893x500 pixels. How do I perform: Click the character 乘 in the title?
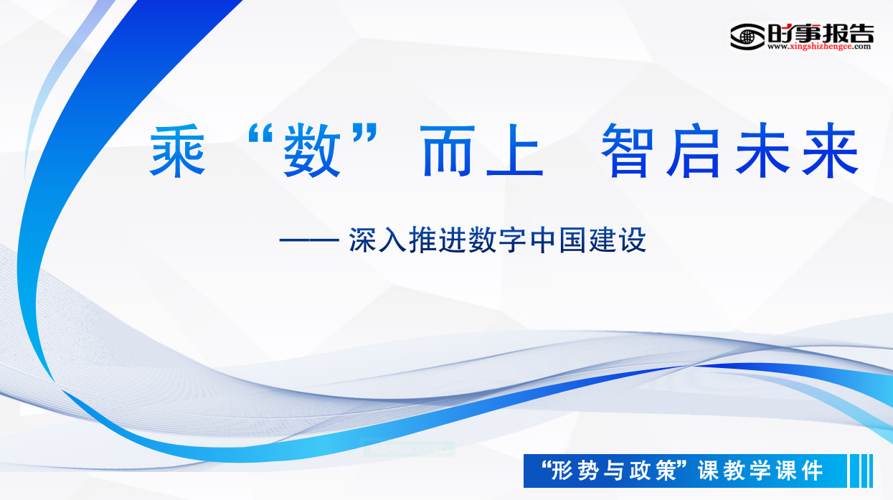coord(177,150)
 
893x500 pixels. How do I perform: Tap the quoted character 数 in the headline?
coord(312,150)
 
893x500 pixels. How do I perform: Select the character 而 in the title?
coord(448,151)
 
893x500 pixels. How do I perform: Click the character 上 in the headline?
coord(515,150)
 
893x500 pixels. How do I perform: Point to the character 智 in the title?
coord(628,150)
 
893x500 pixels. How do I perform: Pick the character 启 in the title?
coord(694,150)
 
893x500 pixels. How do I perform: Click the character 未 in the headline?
coord(762,150)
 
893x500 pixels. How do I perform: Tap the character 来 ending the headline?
coord(831,150)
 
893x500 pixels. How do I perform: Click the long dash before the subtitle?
coord(309,240)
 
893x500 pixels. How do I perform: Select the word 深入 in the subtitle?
coord(378,240)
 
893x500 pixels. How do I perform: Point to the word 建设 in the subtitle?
coord(617,240)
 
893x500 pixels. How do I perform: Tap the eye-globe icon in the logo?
coord(747,37)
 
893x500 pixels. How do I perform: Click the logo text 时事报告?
coord(821,33)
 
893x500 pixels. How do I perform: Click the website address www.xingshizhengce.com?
coord(819,47)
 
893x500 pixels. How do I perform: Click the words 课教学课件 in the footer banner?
coord(760,471)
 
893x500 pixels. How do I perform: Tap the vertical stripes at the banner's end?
coord(861,471)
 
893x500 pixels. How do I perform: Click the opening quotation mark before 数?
coord(260,133)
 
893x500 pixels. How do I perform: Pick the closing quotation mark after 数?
coord(365,133)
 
